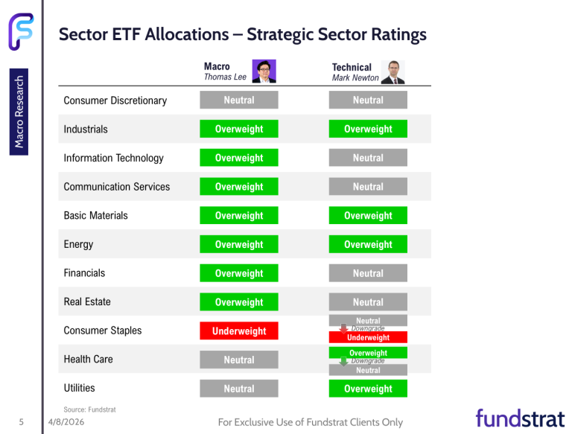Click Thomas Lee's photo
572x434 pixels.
coord(264,71)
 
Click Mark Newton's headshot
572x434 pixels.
coord(393,72)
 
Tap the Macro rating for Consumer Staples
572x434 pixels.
coord(239,331)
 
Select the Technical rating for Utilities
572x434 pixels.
coord(368,389)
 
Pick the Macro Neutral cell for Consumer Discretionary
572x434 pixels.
coord(239,100)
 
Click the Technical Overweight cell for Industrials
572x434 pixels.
coord(368,129)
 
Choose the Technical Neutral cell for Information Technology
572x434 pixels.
coord(368,158)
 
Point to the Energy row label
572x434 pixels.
coord(78,244)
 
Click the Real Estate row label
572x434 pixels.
coord(87,301)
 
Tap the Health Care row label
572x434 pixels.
coord(88,359)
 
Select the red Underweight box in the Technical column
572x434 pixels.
coord(368,338)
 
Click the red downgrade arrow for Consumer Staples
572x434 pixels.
coord(343,328)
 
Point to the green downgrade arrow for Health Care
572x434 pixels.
coord(343,361)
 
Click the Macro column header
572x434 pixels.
coord(217,66)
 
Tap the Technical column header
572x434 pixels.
coord(352,67)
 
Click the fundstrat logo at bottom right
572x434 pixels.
coord(520,418)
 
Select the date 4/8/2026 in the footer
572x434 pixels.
coord(66,422)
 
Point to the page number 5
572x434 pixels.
coord(22,422)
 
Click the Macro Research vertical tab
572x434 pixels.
coord(20,111)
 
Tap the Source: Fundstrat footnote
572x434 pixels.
coord(89,409)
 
